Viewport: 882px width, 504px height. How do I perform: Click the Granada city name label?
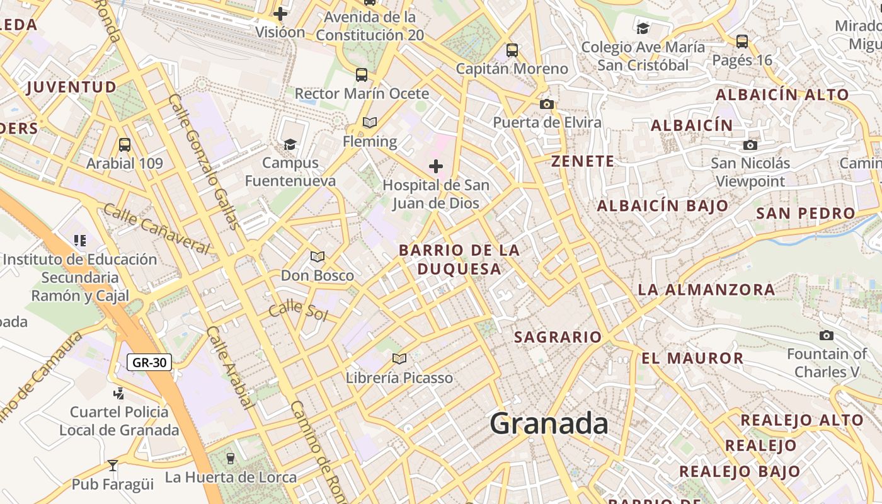[x=549, y=423]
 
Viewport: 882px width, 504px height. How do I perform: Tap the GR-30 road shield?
[x=149, y=362]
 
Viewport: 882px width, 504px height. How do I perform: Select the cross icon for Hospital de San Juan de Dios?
[x=435, y=166]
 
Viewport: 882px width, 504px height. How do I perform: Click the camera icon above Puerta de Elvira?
[x=546, y=104]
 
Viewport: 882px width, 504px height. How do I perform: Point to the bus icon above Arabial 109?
[x=125, y=144]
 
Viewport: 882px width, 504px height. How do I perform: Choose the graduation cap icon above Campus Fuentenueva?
[x=290, y=144]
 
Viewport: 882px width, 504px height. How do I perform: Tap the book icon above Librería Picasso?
[x=399, y=358]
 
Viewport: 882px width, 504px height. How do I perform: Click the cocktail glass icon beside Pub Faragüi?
[x=113, y=466]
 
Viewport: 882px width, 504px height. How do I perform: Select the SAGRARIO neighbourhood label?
[x=558, y=337]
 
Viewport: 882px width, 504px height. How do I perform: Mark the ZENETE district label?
[x=583, y=161]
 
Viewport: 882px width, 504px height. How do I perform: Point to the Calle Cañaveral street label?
[x=156, y=229]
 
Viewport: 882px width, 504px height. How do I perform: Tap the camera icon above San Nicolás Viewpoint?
[x=750, y=145]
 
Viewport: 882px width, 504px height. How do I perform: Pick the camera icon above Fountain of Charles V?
[x=827, y=335]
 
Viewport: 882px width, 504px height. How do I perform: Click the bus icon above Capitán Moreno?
[x=512, y=50]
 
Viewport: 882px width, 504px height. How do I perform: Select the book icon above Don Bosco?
[x=317, y=256]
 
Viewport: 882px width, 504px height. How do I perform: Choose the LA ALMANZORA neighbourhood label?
[x=706, y=290]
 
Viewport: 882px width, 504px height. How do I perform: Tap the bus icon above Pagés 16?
[x=742, y=42]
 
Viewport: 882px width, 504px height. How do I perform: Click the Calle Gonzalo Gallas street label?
[x=203, y=161]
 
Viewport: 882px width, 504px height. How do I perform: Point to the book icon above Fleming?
[x=370, y=122]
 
